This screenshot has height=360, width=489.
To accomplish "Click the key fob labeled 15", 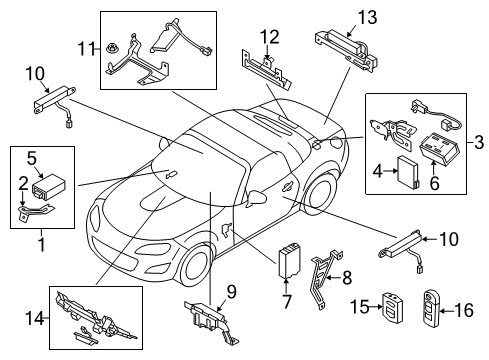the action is click(392, 307).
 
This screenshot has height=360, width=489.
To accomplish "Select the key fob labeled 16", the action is click(431, 308).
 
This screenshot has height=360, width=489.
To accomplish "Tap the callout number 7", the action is click(287, 301).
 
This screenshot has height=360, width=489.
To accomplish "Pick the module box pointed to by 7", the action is click(289, 260).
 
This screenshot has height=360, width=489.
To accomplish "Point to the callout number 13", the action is click(367, 17).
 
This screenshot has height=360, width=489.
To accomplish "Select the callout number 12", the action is click(269, 37).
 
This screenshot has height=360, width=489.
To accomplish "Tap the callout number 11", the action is click(86, 49).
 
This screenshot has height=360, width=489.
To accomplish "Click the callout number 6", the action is click(434, 183).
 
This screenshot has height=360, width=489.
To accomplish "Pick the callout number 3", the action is click(479, 142).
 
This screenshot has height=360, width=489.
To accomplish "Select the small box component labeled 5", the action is click(48, 186).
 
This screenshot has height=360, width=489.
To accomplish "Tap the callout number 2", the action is click(23, 183).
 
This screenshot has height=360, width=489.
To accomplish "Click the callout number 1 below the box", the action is click(42, 245).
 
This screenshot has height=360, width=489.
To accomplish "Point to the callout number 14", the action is click(35, 318).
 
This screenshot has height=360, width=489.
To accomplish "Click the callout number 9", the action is click(231, 292).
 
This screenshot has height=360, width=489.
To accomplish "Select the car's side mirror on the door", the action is click(257, 197).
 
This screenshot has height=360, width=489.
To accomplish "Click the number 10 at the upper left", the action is click(35, 74).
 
